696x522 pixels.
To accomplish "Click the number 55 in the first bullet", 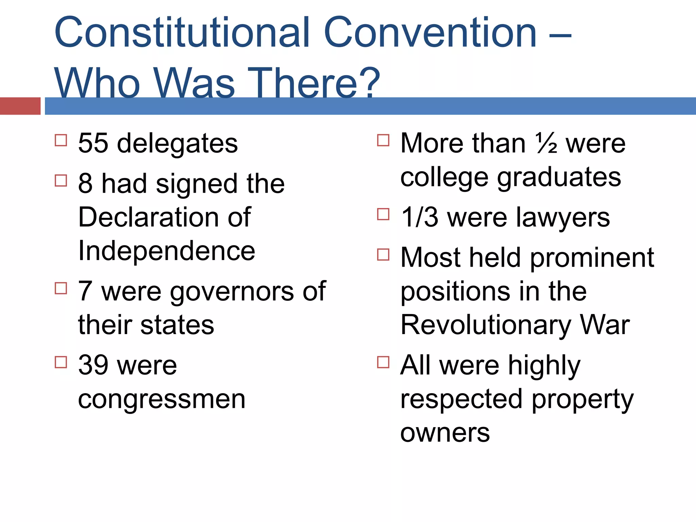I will pos(93,143).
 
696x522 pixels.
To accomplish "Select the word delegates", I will pos(177,144).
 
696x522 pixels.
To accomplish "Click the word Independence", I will pos(167,251).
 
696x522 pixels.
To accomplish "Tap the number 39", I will pos(93,365).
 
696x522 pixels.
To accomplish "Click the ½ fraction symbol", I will pos(546,143).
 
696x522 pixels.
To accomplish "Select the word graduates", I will pos(559,177).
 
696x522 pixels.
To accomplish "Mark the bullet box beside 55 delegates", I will pos(61,140).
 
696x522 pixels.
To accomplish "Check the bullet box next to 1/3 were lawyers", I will pos(383,214).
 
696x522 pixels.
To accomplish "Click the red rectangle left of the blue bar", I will pos(20,106).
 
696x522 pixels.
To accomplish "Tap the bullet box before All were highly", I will pos(383,362).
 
